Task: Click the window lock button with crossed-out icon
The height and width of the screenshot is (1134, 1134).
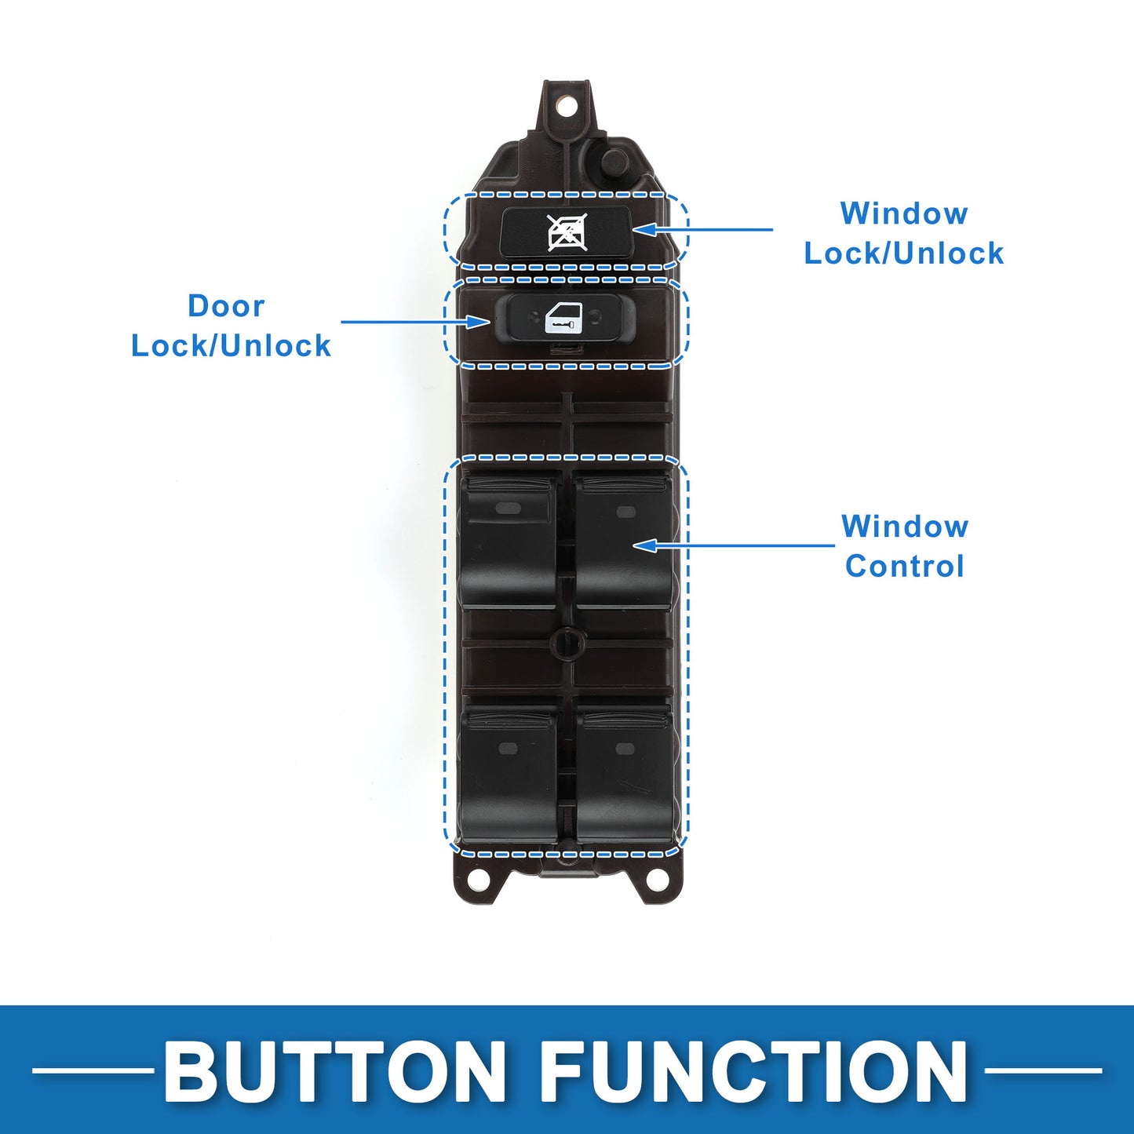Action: point(566,232)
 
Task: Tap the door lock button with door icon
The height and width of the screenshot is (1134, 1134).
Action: point(564,319)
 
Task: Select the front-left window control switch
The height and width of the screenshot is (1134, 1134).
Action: point(507,541)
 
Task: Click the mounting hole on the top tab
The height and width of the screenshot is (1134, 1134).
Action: point(566,107)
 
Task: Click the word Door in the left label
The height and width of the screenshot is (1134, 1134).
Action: point(227,306)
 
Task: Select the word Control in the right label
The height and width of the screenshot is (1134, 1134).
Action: point(905,566)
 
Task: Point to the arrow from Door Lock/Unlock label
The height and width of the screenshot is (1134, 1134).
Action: point(416,322)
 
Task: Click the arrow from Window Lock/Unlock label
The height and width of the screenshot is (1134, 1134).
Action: point(703,229)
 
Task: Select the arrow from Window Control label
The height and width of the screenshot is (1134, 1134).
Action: point(734,545)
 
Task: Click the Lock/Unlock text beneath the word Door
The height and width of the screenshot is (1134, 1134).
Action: point(231,345)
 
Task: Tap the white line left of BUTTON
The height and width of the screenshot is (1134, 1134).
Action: point(93,1070)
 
